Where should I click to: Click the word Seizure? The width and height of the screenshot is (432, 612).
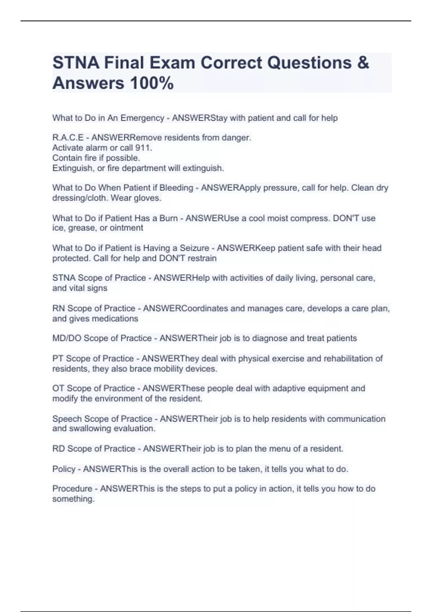pyautogui.click(x=194, y=248)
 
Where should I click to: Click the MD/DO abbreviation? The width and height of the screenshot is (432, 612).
pyautogui.click(x=67, y=338)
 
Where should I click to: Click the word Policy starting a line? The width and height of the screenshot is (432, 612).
pyautogui.click(x=64, y=469)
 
